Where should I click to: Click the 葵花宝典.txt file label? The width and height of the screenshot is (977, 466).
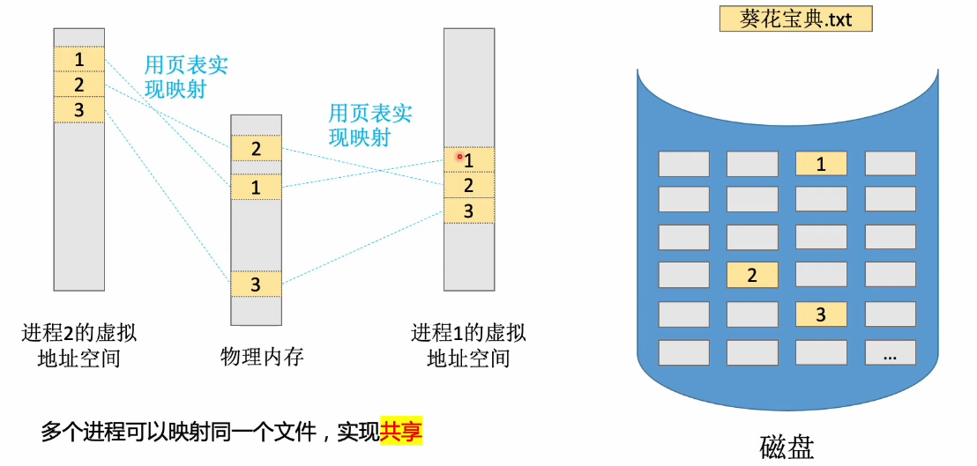tap(795, 18)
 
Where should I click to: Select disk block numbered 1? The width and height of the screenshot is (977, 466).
tap(821, 164)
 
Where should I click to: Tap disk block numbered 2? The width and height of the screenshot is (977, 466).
tap(752, 275)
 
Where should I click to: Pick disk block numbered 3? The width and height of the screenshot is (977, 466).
tap(821, 314)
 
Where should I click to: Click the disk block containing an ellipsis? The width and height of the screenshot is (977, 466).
tap(890, 353)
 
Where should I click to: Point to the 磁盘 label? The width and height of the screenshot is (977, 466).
tap(787, 445)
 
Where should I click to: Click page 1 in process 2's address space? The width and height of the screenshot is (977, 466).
tap(79, 59)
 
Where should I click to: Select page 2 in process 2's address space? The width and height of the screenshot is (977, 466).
tap(79, 85)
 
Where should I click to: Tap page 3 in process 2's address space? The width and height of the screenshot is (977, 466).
tap(79, 109)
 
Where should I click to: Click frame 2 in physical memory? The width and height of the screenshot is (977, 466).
tap(256, 148)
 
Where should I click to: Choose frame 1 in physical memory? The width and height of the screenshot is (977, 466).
tap(256, 187)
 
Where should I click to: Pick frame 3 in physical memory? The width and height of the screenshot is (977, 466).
tap(256, 284)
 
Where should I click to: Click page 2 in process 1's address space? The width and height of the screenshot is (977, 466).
tap(468, 185)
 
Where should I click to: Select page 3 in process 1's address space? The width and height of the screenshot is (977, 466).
tap(468, 211)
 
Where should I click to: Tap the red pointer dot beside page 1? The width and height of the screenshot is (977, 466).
tap(459, 157)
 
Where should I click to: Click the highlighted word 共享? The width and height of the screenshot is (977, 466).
tap(401, 433)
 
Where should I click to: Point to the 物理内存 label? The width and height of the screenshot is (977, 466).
tap(262, 357)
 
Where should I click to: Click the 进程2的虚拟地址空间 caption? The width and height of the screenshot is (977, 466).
tap(79, 345)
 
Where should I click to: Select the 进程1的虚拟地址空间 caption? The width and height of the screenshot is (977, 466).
tap(468, 345)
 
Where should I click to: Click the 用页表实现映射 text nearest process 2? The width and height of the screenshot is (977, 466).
tap(180, 77)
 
